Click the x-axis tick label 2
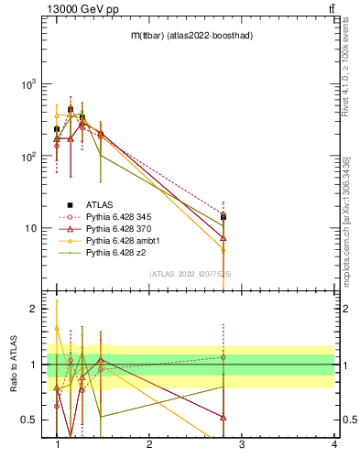149,444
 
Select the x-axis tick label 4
334,444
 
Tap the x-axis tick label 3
242,444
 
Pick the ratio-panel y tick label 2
33,310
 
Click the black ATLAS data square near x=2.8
223,217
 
